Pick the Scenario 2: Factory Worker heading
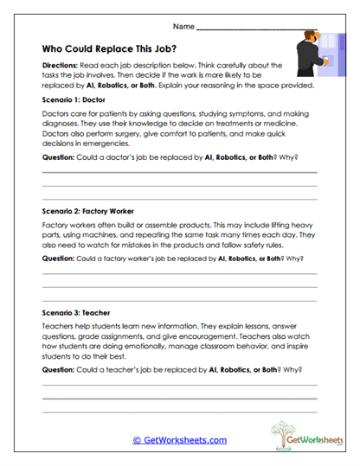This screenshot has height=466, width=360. pyautogui.click(x=87, y=210)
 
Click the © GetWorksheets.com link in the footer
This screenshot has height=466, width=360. pyautogui.click(x=179, y=439)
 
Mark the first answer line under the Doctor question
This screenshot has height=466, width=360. pyautogui.click(x=179, y=173)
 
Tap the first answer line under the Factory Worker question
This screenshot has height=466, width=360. pyautogui.click(x=179, y=273)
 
